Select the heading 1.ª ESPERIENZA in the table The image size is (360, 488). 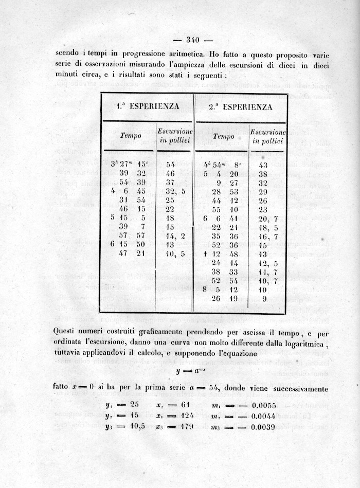(x=148, y=107)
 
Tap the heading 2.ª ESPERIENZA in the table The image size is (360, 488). (x=240, y=107)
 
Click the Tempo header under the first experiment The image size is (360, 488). (x=131, y=136)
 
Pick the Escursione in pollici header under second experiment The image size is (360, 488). (x=267, y=136)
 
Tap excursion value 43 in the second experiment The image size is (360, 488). (x=263, y=165)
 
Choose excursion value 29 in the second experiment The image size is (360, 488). (x=263, y=191)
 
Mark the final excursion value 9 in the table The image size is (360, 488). (x=264, y=298)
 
